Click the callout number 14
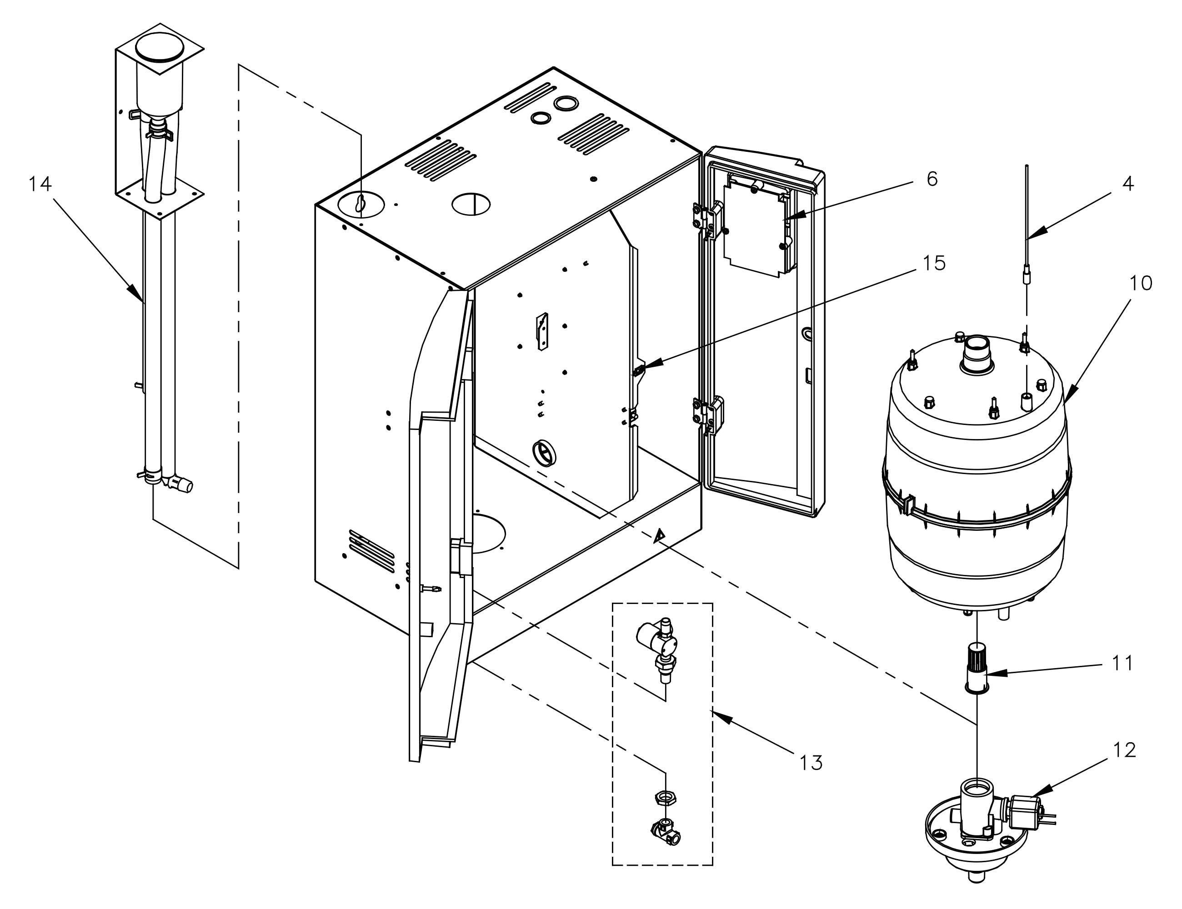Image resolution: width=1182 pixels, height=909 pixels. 40,185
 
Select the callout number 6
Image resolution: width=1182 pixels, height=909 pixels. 932,179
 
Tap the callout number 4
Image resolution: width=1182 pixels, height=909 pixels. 1127,184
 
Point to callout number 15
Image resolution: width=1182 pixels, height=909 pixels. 934,263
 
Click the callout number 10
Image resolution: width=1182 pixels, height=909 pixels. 1140,283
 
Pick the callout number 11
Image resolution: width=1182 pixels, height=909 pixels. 1122,663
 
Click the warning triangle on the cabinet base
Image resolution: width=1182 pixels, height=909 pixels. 659,536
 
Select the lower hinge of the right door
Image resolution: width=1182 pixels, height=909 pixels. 707,415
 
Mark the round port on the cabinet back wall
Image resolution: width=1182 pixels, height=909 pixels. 545,451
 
